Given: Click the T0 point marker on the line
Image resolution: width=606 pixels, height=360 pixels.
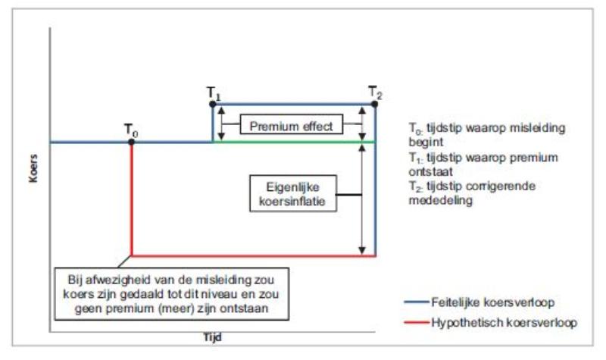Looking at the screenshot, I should [x=132, y=142].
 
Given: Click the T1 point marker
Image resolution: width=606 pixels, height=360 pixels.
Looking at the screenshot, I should [x=212, y=103].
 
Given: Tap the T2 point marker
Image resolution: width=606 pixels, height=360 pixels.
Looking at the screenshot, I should [x=376, y=103].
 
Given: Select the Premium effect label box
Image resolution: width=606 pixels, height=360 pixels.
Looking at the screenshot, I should [x=291, y=124].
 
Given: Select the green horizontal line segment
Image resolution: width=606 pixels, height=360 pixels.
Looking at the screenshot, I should [x=295, y=141].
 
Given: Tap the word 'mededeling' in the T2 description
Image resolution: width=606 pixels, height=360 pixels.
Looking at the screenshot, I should [x=433, y=202].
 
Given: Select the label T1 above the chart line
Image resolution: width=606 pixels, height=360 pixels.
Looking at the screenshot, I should [x=213, y=92].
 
